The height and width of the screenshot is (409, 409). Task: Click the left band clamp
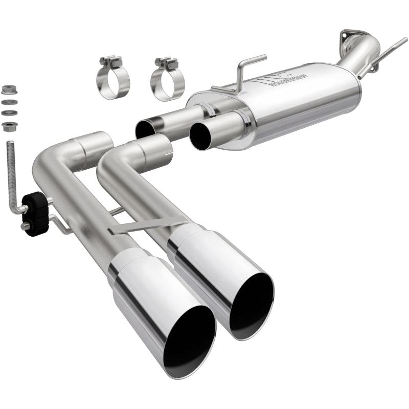click(x=112, y=82)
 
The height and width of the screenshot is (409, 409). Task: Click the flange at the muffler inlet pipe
click(x=351, y=37)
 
